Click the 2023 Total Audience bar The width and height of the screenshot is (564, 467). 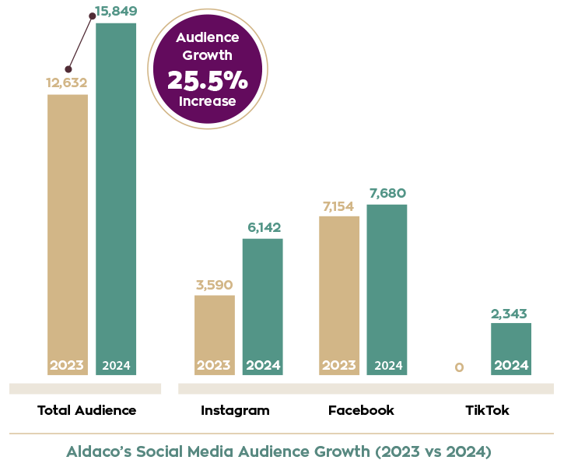[68, 233]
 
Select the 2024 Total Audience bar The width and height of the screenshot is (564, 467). [116, 198]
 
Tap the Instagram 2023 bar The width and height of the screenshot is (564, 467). [214, 335]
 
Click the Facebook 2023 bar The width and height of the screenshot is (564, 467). [339, 295]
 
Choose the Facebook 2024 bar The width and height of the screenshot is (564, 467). [387, 289]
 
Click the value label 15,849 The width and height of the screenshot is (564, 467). [116, 12]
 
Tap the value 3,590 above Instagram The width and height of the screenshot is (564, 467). [214, 284]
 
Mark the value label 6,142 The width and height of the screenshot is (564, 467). [262, 227]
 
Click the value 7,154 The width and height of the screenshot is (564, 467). [339, 205]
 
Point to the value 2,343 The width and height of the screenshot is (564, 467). [511, 313]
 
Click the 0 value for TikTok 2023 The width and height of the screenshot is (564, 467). [459, 367]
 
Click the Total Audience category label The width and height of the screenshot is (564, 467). [86, 410]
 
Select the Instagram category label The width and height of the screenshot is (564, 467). [235, 410]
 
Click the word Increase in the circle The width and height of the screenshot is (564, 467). [207, 101]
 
